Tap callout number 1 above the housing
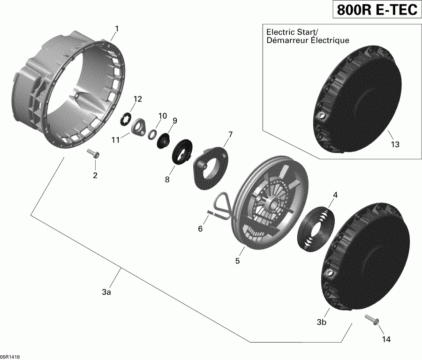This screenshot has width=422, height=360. coord(117,29)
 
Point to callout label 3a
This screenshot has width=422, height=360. coord(106,292)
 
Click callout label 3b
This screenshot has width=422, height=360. coord(321,322)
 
